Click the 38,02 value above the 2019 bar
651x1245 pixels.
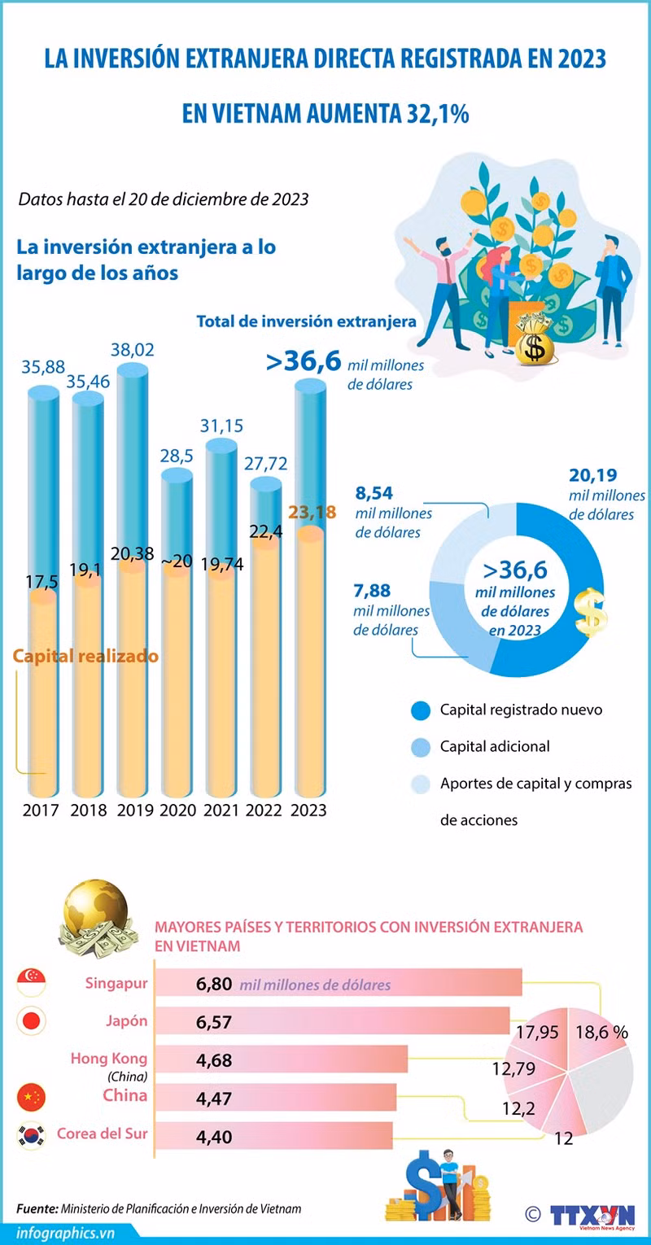pos(133,350)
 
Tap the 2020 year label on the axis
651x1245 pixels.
pos(178,810)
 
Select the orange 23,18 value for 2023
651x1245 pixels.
pos(312,512)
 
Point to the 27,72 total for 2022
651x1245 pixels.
pos(266,463)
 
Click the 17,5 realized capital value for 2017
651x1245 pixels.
pos(42,582)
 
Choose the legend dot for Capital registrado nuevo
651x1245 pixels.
pos(421,710)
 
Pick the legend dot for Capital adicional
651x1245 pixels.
pos(421,747)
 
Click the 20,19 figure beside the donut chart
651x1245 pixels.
pos(592,475)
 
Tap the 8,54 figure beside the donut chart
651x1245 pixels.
pos(374,493)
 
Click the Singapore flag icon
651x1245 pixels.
pos(32,982)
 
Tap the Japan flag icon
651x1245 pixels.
pos(32,1020)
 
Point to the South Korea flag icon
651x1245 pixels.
pos(32,1135)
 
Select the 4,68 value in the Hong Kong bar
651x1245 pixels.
pos(213,1060)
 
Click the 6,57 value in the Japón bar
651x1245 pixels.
pos(213,1021)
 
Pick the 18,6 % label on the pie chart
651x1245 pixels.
pos(601,1032)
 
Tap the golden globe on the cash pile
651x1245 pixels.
pos(95,910)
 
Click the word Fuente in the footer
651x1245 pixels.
pos(37,1209)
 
